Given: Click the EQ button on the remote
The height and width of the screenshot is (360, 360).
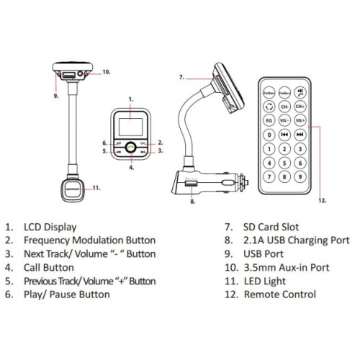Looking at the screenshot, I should click(x=268, y=120).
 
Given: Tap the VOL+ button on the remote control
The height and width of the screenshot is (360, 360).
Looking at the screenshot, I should click(x=300, y=120).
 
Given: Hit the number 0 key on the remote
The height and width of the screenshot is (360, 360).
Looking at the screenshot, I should click(x=268, y=135).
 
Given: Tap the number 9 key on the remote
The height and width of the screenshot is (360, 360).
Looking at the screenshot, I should click(x=300, y=176).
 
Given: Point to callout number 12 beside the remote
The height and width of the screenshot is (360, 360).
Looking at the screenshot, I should click(x=321, y=200).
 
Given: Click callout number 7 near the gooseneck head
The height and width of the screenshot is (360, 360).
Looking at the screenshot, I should click(x=182, y=76).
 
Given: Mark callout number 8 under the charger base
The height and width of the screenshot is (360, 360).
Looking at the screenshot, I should click(x=193, y=202).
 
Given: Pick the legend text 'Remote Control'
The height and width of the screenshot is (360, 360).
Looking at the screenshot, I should click(x=280, y=294).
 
